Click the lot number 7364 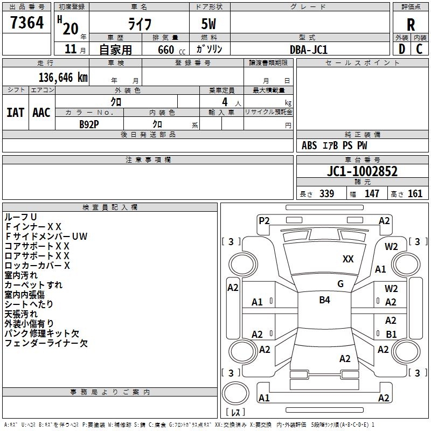click(x=27, y=24)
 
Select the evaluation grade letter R click(x=411, y=25)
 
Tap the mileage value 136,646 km click(x=63, y=77)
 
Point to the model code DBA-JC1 click(x=309, y=50)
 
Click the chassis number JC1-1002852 click(x=363, y=171)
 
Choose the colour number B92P click(x=89, y=123)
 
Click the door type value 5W click(x=210, y=25)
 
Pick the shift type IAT click(x=15, y=112)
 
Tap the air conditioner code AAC click(x=41, y=112)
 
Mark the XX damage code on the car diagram click(x=348, y=259)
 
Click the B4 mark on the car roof click(x=324, y=300)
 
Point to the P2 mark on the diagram click(x=264, y=220)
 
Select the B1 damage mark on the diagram click(x=391, y=334)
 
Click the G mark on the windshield click(x=340, y=284)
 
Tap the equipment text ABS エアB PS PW click(x=335, y=145)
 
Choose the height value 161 click(x=415, y=193)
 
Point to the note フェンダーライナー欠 click(x=46, y=343)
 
